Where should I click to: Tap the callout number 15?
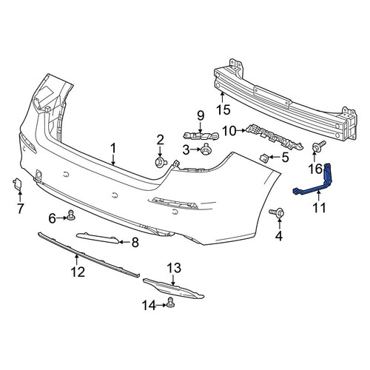point(223,110)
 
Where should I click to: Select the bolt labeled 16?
point(318,146)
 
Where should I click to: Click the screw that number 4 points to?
point(277,212)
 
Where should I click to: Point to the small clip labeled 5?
point(264,158)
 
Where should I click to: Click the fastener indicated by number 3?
point(205,149)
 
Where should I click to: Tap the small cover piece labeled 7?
point(17,184)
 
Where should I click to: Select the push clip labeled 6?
point(71,215)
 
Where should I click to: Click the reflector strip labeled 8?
point(98,238)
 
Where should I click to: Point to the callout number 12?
point(78,272)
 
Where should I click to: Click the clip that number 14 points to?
point(170,303)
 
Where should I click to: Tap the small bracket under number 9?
point(201,135)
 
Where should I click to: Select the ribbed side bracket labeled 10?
point(275,137)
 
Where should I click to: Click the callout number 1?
point(113,148)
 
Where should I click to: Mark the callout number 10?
point(229,131)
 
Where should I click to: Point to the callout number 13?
point(174,268)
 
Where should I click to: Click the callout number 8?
point(135,242)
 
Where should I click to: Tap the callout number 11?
point(319,207)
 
